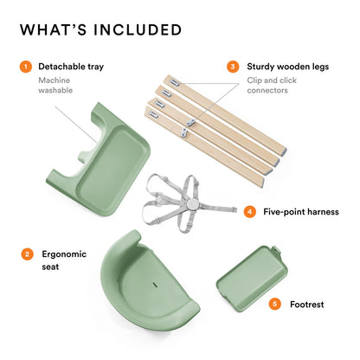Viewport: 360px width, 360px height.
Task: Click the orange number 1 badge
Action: tap(26, 67)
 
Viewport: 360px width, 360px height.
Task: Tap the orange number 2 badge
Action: tap(27, 254)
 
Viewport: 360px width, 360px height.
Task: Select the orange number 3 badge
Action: tap(233, 67)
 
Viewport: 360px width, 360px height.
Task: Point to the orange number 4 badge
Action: tap(249, 212)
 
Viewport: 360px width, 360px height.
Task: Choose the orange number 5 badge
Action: tap(274, 304)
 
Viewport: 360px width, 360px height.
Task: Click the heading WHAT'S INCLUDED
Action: tap(100, 29)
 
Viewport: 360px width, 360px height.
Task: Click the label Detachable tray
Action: tap(71, 67)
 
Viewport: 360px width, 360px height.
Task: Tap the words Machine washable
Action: tap(55, 85)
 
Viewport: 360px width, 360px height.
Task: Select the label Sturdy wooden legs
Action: tap(288, 67)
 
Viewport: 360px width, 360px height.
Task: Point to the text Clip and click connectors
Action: tap(272, 85)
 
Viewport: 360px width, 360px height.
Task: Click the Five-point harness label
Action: tap(301, 212)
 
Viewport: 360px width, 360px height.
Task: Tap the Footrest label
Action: tap(307, 305)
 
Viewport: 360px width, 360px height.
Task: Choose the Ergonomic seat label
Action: tap(64, 260)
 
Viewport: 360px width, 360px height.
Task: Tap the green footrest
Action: tap(252, 278)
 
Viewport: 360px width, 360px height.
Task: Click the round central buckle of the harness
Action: tap(192, 205)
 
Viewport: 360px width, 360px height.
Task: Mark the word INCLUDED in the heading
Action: tap(138, 30)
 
